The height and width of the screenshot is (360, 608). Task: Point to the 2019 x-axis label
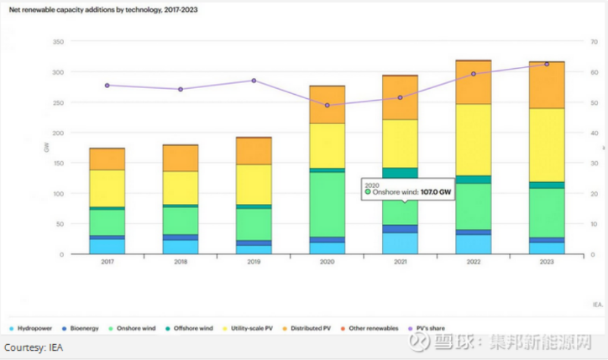coord(253,262)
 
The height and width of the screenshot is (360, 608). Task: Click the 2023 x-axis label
coord(547,262)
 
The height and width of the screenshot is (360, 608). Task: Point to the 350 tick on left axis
coord(58,42)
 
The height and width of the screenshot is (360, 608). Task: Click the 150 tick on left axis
coord(58,133)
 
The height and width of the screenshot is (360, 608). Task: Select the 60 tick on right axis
coord(593,73)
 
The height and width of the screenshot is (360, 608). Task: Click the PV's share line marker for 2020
coord(327,105)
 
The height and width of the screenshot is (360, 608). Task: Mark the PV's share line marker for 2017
coord(107,85)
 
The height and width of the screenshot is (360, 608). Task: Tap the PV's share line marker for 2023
coord(547,64)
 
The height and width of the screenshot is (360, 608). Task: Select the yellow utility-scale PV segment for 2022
coord(474,139)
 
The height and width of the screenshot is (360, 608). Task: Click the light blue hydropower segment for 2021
coord(400,243)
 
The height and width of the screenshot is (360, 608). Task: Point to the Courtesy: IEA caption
coord(34,347)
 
